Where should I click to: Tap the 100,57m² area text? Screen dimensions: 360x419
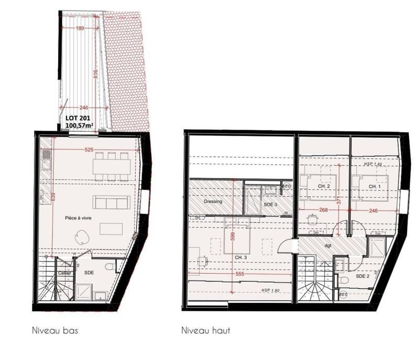[80, 126]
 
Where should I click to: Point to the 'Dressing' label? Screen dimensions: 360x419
[213, 201]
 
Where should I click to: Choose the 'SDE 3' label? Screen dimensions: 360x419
[270, 204]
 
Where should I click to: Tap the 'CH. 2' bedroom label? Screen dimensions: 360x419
[324, 187]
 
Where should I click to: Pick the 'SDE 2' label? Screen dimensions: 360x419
[363, 276]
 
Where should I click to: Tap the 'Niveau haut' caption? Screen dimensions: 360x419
[205, 331]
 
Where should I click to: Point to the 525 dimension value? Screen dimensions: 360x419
[89, 150]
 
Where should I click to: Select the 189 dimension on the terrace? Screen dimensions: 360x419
[81, 29]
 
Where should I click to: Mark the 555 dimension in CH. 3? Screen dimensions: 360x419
[240, 274]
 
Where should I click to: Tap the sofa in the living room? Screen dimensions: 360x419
[111, 202]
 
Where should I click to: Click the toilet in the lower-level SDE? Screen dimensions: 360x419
[109, 267]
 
